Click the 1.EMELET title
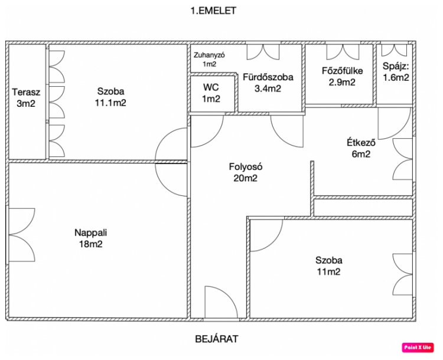214,11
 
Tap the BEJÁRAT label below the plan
217,339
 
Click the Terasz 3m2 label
26,98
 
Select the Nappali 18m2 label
91,238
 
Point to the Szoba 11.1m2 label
110,97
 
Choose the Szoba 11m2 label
329,266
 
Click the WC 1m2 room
211,93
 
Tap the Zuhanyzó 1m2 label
209,60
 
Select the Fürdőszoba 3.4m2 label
268,83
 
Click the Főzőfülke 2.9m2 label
342,76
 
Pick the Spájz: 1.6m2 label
396,72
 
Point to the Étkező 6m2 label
361,148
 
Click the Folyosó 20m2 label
246,172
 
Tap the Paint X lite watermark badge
418,348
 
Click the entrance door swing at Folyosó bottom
221,303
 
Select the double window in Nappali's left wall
22,235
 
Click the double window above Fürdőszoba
263,53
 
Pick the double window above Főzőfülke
343,53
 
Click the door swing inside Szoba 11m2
266,235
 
